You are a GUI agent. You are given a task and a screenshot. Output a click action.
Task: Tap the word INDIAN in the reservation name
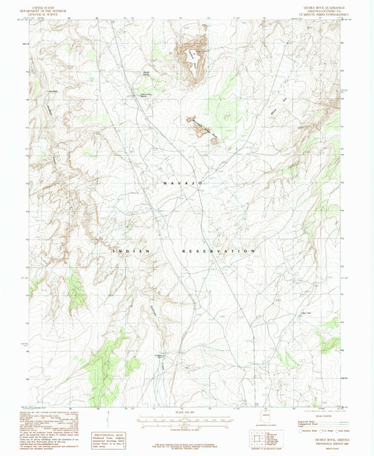127,250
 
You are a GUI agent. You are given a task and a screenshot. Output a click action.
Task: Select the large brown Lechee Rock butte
192,56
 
